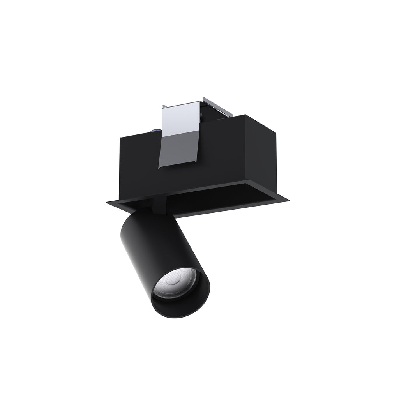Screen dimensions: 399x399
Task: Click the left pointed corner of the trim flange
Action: tap(108, 202)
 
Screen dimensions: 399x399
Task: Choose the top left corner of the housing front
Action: tap(120, 136)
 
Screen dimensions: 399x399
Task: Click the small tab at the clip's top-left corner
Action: tap(164, 106)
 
